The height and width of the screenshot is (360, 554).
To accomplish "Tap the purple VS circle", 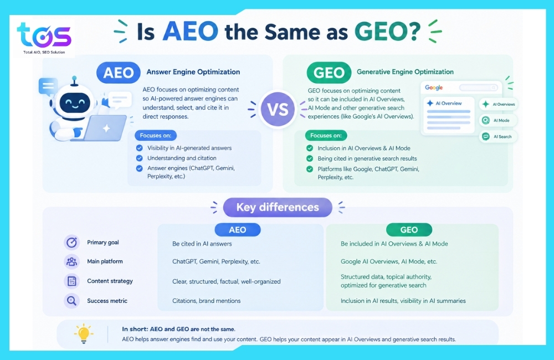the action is click(x=278, y=109).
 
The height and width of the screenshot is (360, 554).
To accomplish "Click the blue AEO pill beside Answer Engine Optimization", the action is click(x=119, y=73).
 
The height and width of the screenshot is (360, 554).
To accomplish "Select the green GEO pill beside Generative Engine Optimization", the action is click(x=329, y=73).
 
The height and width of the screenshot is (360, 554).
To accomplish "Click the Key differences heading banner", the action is click(x=278, y=207).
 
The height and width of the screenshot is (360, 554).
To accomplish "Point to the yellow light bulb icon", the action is click(x=84, y=333).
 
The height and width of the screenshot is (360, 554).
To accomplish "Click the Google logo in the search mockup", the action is click(x=434, y=88).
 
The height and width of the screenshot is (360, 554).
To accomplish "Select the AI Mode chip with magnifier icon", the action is click(x=498, y=121).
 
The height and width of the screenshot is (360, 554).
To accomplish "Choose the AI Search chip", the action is click(x=498, y=136).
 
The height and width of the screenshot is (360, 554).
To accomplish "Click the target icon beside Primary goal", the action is click(x=71, y=243).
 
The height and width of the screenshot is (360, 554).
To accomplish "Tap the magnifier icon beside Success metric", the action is click(x=71, y=301).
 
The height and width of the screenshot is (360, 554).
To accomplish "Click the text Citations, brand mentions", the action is click(x=206, y=301).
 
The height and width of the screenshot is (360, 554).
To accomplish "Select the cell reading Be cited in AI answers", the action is click(x=202, y=244).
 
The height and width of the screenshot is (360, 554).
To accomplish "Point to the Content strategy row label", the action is click(x=110, y=281).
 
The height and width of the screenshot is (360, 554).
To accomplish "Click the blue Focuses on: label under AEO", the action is click(x=156, y=135).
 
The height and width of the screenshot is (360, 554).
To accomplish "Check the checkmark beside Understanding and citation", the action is click(x=140, y=158).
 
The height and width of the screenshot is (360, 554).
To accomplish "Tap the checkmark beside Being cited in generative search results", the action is click(x=310, y=158).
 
